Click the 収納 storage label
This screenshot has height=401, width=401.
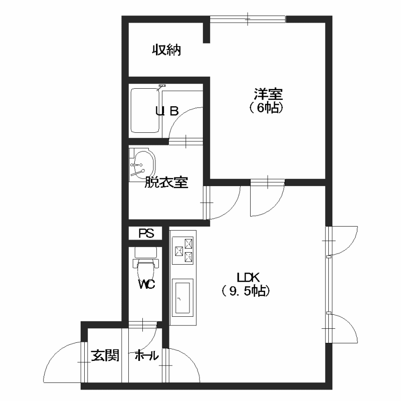[x=166, y=50]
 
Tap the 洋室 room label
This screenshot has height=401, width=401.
[x=268, y=94]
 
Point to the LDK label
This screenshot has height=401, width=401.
[x=248, y=277]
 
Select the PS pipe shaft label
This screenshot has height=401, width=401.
[x=146, y=233]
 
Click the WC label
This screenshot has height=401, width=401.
[x=146, y=284]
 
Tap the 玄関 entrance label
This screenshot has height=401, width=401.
[x=105, y=355]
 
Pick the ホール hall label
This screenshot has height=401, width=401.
[x=146, y=355]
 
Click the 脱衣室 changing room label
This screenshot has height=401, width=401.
[x=166, y=182]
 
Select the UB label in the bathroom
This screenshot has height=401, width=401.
[x=167, y=111]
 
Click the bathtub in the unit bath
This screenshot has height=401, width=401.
[x=145, y=110]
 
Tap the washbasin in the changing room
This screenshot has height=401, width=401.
[x=142, y=164]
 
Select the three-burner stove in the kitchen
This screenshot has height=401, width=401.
[x=182, y=251]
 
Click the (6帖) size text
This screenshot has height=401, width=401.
[x=266, y=108]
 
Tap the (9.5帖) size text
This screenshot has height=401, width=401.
[x=245, y=291]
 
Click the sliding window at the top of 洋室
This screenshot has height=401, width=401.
[x=248, y=19]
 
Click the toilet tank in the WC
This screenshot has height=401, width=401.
[x=145, y=253]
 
